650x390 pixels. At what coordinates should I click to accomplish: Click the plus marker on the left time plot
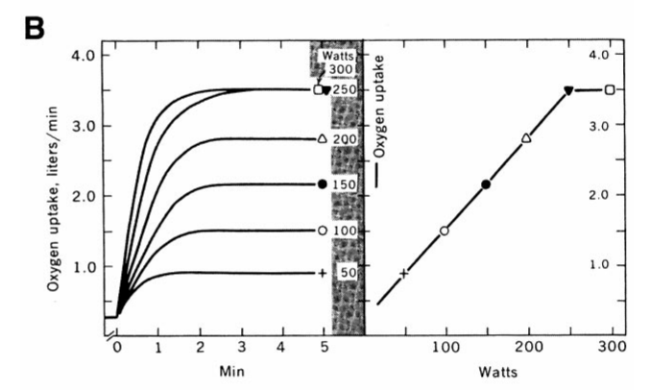pyautogui.click(x=321, y=274)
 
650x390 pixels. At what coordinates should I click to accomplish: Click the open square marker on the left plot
pyautogui.click(x=319, y=90)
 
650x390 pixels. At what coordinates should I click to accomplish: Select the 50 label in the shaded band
pyautogui.click(x=347, y=274)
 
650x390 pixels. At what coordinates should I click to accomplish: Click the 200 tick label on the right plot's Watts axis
pyautogui.click(x=527, y=343)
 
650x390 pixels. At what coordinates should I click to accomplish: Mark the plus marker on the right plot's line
pyautogui.click(x=404, y=273)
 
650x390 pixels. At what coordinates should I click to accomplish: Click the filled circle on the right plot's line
pyautogui.click(x=486, y=183)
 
